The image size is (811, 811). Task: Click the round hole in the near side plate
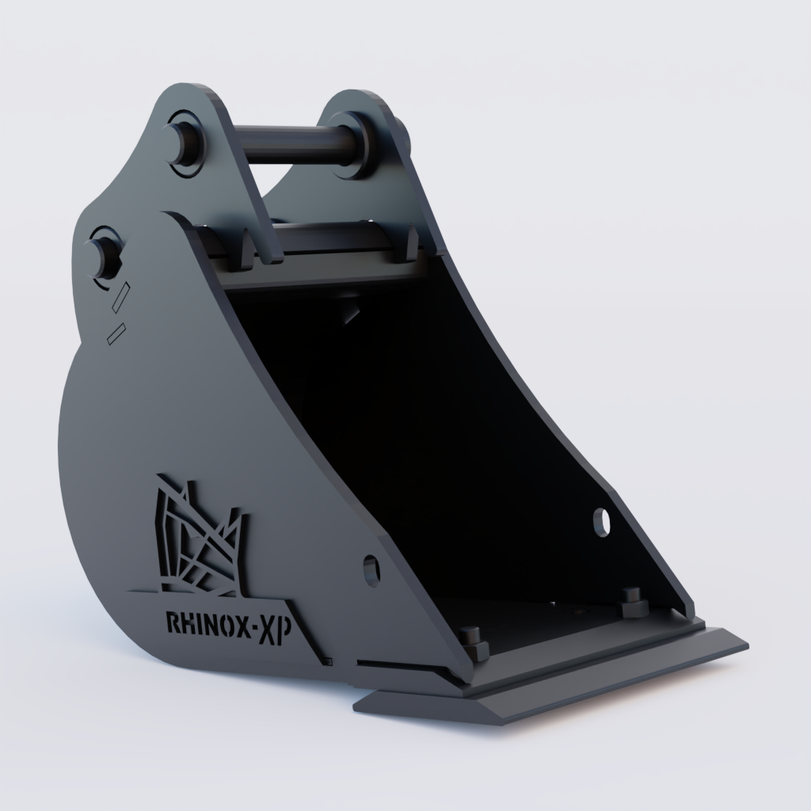371,570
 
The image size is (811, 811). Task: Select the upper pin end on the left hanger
184,143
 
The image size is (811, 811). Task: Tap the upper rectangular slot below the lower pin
121,297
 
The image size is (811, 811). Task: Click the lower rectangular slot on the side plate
115,333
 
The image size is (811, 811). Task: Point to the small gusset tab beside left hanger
246,249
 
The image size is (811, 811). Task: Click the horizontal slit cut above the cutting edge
396,664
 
